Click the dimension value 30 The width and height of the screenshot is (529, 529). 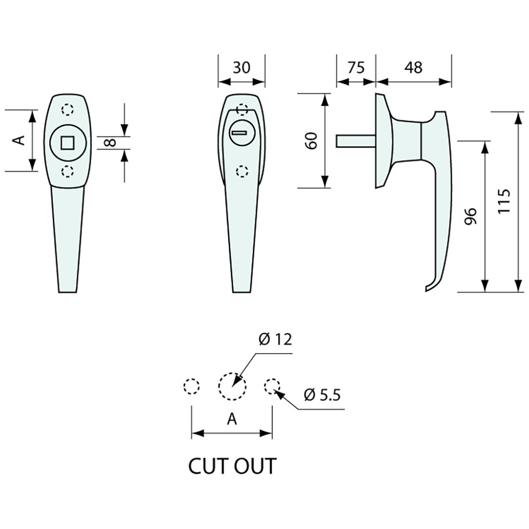pos(241,67)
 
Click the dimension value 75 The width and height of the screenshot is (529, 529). pos(356,67)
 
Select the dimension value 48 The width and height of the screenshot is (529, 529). pos(413,67)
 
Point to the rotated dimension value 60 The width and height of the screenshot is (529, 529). pos(312,141)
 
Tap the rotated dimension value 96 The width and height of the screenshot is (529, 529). pos(470,216)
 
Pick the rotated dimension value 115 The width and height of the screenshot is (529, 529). pos(504,202)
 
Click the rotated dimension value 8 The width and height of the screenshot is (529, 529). pos(110,142)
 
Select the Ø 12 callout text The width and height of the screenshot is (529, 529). pos(275,339)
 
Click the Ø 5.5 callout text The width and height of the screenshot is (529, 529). pos(322,395)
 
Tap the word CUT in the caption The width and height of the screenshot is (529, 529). pos(209,466)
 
